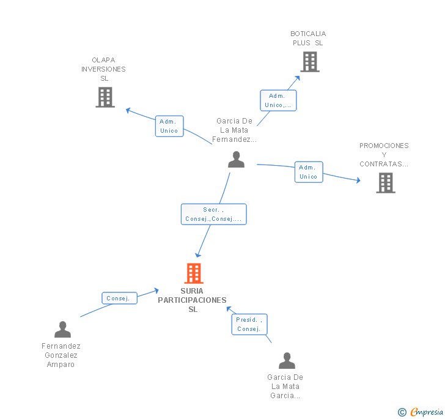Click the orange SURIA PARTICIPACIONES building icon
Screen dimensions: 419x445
194,273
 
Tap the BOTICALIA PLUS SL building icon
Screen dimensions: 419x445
310,62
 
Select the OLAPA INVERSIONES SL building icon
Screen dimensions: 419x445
105,97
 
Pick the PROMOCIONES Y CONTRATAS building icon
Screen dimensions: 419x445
385,182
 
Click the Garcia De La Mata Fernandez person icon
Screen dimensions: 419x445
236,160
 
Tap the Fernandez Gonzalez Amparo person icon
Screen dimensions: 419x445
62,329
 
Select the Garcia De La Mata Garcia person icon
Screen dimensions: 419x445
287,360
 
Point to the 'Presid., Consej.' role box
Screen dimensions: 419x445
249,324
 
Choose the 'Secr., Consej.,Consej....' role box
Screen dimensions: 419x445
214,214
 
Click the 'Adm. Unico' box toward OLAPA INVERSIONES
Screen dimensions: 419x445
169,126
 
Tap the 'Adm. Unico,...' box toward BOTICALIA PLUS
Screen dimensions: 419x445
278,100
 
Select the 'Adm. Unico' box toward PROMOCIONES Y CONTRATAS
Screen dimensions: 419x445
308,172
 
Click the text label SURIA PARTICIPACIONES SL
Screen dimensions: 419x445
192,300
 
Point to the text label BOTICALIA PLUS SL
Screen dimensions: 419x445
308,39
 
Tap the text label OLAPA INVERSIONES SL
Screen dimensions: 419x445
104,69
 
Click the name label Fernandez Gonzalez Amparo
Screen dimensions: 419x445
61,355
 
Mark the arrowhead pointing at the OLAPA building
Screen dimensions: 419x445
128,110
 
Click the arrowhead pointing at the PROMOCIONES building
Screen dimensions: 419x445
358,180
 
